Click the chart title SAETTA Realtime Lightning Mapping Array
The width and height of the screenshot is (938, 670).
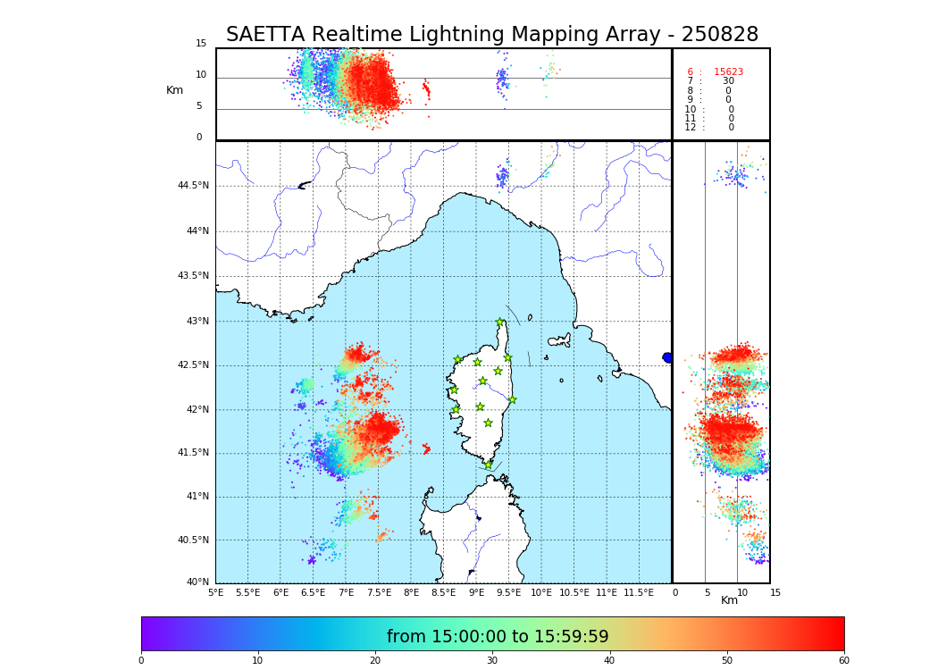click(491, 35)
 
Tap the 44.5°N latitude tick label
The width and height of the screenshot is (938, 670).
click(193, 186)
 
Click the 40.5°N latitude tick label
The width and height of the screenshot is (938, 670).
click(193, 540)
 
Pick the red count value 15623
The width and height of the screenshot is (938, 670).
click(728, 72)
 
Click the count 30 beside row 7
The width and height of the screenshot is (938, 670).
click(728, 81)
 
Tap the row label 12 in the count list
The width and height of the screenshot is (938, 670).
click(691, 128)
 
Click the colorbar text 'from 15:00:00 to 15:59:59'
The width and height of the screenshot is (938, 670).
click(498, 637)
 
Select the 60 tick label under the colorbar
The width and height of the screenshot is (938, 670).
click(843, 660)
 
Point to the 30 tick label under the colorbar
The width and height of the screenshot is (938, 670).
click(492, 660)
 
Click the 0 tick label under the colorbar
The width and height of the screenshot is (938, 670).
click(141, 660)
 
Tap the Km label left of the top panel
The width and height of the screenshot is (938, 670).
click(174, 90)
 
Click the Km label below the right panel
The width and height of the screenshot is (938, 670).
click(729, 600)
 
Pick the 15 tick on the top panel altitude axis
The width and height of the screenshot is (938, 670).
click(201, 44)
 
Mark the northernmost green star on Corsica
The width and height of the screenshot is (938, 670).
click(500, 322)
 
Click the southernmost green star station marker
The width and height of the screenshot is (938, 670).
click(488, 465)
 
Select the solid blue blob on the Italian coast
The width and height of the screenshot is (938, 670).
click(667, 357)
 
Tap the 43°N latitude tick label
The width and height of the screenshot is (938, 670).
click(197, 322)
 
